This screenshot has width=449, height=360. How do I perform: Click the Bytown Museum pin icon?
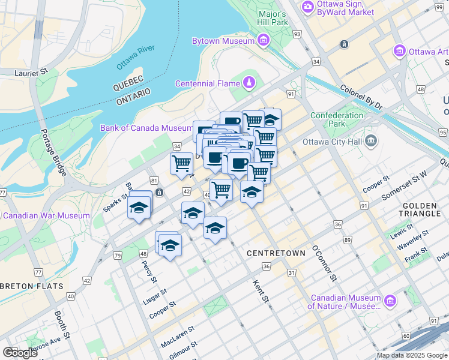[x=263, y=40]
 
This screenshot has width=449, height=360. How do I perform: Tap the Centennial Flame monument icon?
[x=249, y=83]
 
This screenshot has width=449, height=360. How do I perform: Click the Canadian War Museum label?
[x=47, y=215]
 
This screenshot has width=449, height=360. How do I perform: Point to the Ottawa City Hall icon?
[x=372, y=142]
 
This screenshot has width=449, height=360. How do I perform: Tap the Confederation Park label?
[x=337, y=119]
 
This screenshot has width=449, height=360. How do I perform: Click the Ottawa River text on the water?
[x=136, y=55]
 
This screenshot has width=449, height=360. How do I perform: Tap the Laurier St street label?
[x=30, y=73]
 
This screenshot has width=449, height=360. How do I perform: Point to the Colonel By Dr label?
[x=361, y=96]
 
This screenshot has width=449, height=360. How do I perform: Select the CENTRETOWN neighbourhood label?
[x=276, y=253]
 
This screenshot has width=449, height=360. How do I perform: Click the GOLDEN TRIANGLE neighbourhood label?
[x=425, y=210]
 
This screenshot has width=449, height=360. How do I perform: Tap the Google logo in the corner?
[x=20, y=352]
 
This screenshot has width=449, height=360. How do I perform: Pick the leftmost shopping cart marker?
[x=181, y=163]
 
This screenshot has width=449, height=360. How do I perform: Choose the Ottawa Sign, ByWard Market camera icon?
[x=308, y=7]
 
